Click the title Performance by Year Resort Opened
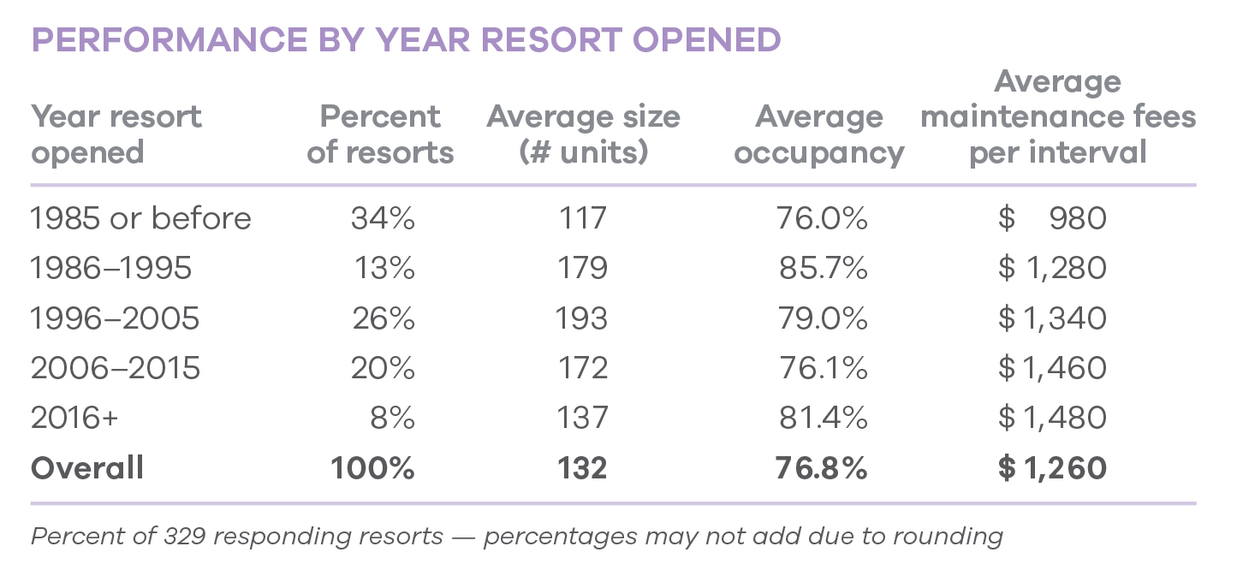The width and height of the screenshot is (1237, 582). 406,40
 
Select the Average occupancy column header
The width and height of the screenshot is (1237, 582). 819,134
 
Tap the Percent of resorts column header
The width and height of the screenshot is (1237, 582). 380,134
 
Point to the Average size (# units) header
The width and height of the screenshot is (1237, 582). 583,134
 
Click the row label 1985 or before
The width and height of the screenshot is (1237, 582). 140,218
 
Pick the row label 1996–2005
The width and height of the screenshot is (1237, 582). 115,318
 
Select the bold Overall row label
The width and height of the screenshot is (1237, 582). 87,468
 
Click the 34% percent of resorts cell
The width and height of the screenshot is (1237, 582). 383,218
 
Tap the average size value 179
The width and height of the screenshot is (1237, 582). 583,269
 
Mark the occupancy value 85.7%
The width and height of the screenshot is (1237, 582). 823,269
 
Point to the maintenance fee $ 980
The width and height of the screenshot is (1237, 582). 1052,218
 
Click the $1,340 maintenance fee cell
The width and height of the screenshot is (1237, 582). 1052,318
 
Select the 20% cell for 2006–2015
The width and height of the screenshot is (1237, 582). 383,368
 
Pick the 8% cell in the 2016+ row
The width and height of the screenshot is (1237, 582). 393,419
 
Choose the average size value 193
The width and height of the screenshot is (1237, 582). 583,318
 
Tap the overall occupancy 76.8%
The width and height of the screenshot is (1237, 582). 821,468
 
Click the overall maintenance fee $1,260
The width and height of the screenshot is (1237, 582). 1052,468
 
